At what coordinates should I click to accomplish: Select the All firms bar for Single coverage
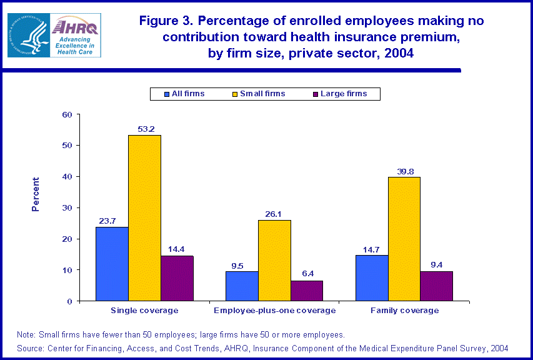pyautogui.click(x=112, y=264)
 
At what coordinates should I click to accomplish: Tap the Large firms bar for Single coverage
pyautogui.click(x=177, y=278)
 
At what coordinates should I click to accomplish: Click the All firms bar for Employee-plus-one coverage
pyautogui.click(x=242, y=286)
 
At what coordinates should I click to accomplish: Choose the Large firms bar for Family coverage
pyautogui.click(x=437, y=286)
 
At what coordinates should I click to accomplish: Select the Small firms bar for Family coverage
pyautogui.click(x=404, y=239)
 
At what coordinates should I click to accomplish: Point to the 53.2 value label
pyautogui.click(x=145, y=129)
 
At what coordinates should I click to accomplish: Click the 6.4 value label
pyautogui.click(x=307, y=275)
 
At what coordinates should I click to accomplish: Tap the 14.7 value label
pyautogui.click(x=372, y=249)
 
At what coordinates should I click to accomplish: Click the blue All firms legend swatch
pyautogui.click(x=167, y=94)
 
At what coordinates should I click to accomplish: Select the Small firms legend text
pyautogui.click(x=262, y=94)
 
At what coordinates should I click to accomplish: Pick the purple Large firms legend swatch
pyautogui.click(x=316, y=94)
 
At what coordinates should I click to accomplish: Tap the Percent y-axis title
pyautogui.click(x=36, y=194)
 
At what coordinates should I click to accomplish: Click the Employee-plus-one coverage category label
pyautogui.click(x=274, y=311)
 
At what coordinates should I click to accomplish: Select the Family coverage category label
pyautogui.click(x=404, y=311)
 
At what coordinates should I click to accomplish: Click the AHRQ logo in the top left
pyautogui.click(x=54, y=36)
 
